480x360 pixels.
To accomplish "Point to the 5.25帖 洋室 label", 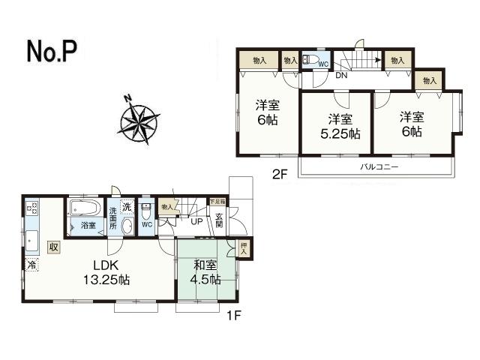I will tap(340, 127).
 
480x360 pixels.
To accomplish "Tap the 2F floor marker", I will tap(280, 175).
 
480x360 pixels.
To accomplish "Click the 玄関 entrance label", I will tap(220, 221).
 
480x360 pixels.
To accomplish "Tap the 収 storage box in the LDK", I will tap(54, 247).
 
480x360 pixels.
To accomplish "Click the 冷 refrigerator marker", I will tap(31, 265).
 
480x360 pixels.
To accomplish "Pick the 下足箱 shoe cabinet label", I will tap(217, 202).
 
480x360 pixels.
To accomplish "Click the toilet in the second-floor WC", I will tap(313, 59).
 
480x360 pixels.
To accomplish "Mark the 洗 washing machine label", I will tap(127, 206).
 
